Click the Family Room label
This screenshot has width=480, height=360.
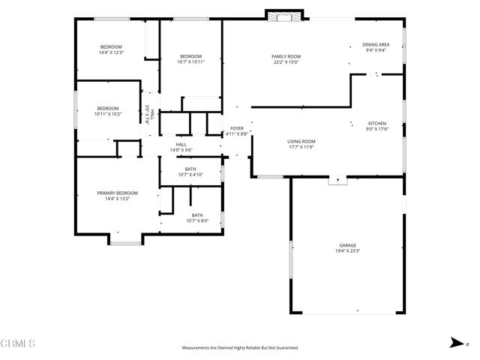click(286, 57)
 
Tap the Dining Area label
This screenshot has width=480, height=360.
click(375, 45)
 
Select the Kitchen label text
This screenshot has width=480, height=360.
click(376, 123)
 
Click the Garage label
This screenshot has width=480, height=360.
click(347, 245)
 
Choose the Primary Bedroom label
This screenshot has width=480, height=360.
click(117, 193)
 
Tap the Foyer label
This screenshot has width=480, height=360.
click(237, 128)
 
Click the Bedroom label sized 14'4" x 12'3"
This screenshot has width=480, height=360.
click(110, 46)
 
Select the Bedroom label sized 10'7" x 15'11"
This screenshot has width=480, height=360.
click(190, 57)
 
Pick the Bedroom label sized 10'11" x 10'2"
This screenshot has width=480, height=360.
click(108, 108)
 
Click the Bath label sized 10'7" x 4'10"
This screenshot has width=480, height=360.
click(190, 169)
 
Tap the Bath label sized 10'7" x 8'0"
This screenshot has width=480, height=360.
click(196, 215)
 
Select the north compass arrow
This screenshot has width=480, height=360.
click(455, 343)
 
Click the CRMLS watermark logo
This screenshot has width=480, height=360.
click(19, 344)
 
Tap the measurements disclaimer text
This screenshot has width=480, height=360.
click(240, 348)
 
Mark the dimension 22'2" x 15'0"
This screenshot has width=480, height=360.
click(286, 62)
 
